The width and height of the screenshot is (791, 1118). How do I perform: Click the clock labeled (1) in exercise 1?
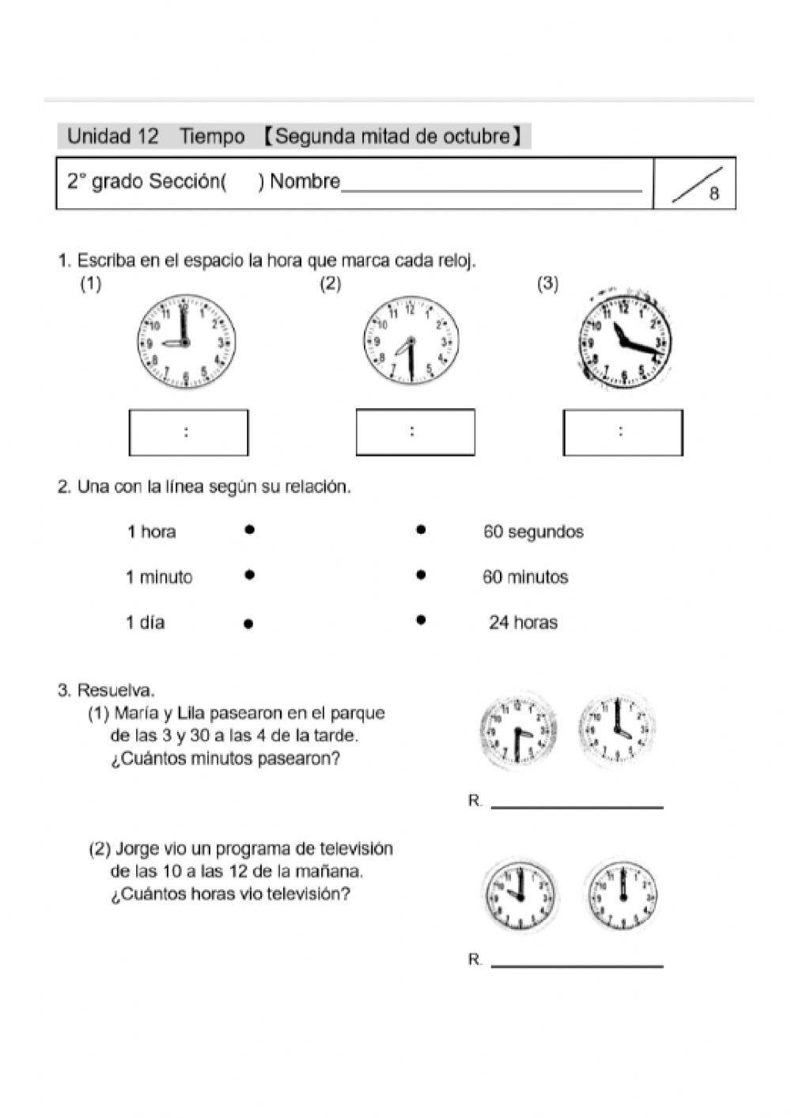click(x=187, y=342)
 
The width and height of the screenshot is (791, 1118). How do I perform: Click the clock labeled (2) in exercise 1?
click(x=411, y=342)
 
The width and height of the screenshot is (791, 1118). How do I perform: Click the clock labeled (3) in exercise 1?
click(x=624, y=340)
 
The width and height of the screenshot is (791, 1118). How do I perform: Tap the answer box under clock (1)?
click(x=188, y=432)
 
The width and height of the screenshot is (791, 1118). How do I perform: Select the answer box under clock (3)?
click(x=623, y=432)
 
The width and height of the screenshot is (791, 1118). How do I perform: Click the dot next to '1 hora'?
click(x=249, y=530)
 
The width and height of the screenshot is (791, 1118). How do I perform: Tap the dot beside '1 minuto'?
click(x=249, y=575)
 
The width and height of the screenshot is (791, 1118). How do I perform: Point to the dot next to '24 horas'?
click(x=421, y=620)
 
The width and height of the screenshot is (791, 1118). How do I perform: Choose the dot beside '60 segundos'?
click(x=421, y=530)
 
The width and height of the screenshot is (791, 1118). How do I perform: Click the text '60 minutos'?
click(x=525, y=578)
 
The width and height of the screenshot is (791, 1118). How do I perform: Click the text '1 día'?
click(x=146, y=623)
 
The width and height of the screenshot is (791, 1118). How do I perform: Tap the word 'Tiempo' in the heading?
click(x=212, y=137)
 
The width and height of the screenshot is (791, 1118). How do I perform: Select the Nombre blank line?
click(x=491, y=188)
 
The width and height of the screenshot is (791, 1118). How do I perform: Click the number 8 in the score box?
click(x=713, y=194)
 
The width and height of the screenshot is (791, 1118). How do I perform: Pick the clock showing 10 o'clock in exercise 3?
click(x=519, y=895)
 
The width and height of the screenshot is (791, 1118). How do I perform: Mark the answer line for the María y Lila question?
click(x=577, y=806)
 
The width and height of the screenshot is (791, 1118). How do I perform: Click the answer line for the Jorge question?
click(x=577, y=965)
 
